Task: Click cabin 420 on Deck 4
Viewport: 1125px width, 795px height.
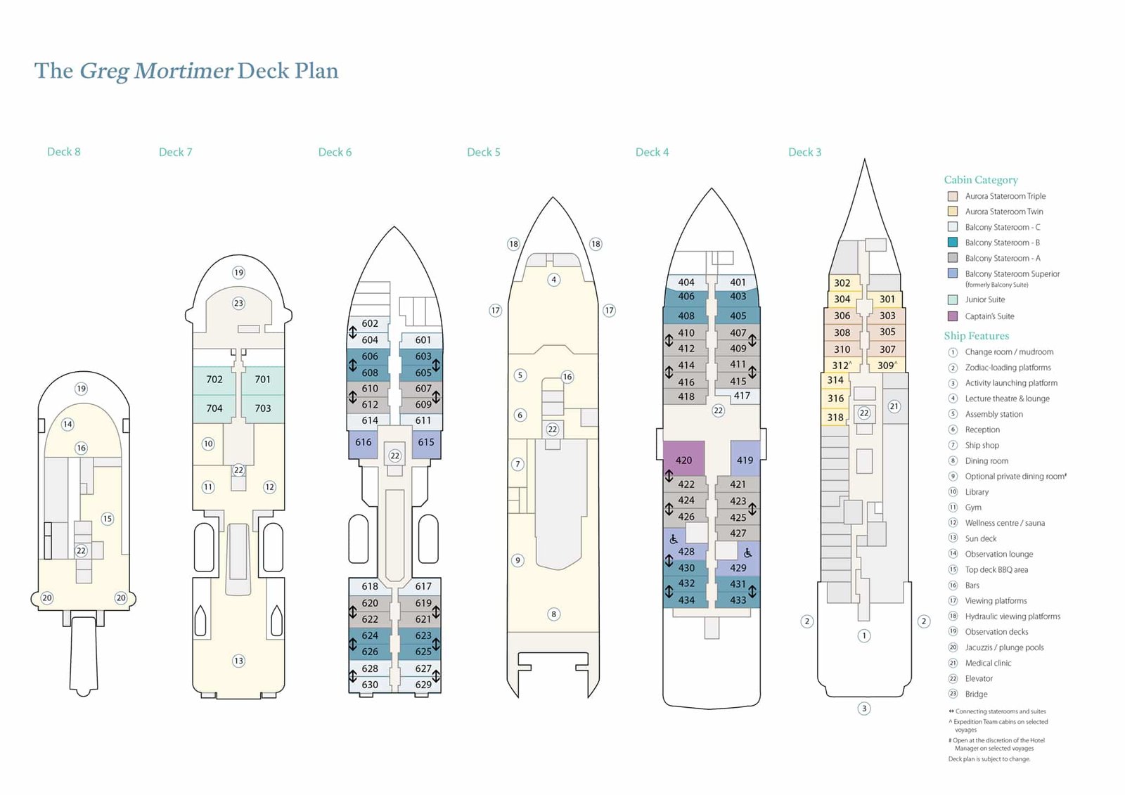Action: tap(683, 460)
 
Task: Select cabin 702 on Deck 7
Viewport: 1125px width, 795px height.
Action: tap(214, 380)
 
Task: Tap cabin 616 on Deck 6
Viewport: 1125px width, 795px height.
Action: tap(364, 442)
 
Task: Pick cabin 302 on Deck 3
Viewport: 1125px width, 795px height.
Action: tap(842, 283)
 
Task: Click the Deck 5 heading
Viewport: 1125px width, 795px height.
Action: tap(484, 152)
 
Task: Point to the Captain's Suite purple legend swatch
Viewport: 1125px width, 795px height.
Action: tap(953, 316)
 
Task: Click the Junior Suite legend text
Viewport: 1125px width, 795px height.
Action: tap(984, 299)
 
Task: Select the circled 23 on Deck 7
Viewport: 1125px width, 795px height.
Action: tap(238, 304)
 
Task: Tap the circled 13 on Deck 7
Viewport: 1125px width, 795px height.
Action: tap(238, 661)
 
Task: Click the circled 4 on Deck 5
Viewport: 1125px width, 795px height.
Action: tap(554, 280)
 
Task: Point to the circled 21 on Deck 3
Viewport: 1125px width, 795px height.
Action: tap(894, 406)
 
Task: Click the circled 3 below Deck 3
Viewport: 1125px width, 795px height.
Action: tap(864, 709)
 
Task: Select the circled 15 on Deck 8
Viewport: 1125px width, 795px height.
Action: tap(107, 519)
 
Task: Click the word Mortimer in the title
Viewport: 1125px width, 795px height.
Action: tap(183, 71)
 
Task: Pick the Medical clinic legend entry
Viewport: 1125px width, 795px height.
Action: tap(988, 663)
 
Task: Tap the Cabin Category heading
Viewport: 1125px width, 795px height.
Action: tap(981, 180)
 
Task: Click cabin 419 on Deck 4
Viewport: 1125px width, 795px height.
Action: tap(745, 460)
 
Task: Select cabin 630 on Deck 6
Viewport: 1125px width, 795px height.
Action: tap(370, 685)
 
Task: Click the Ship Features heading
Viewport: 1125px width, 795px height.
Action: tap(976, 336)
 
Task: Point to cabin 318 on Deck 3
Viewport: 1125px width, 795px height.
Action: tap(835, 418)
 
